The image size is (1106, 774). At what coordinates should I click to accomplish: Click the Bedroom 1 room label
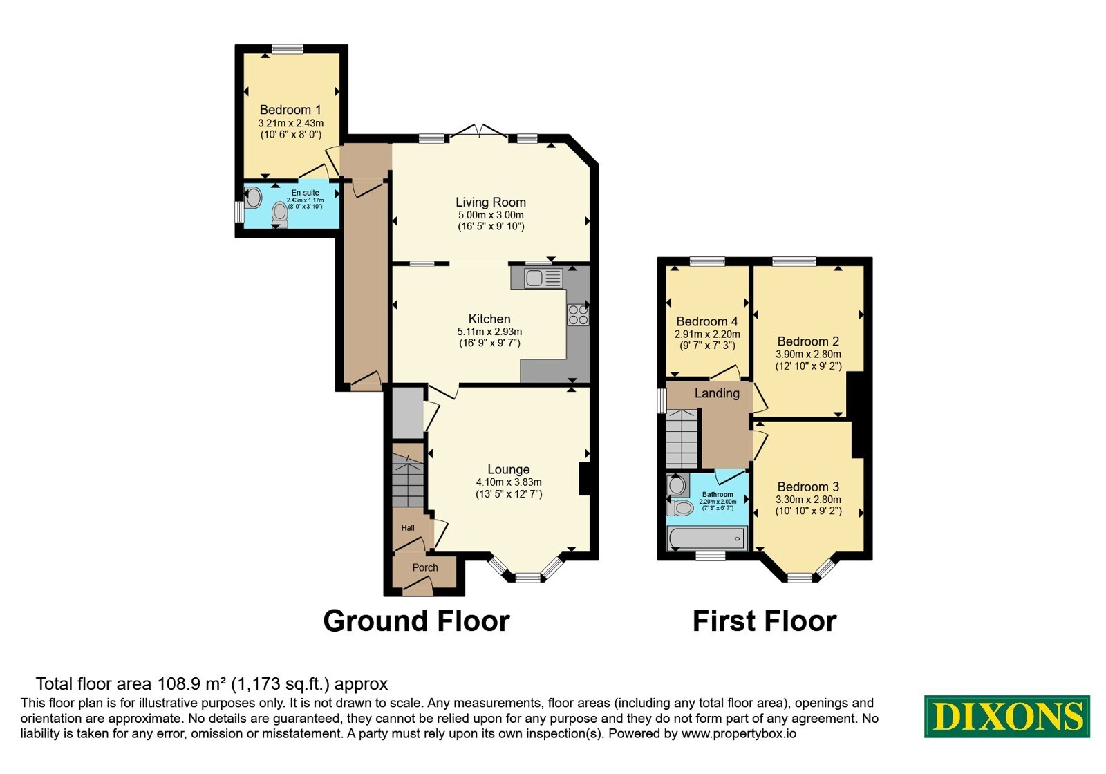[x=290, y=110]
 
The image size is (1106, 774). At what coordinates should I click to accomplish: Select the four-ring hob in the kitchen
[x=578, y=315]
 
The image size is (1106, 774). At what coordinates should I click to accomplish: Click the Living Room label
[x=491, y=202]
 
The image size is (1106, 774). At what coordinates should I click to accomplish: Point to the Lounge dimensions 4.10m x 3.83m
[x=509, y=482]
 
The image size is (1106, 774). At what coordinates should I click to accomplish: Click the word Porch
[x=425, y=567]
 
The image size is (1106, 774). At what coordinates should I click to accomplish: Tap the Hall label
[x=408, y=528]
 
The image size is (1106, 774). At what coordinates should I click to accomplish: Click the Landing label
[x=717, y=393]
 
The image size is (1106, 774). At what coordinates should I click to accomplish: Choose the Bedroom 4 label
[x=707, y=321]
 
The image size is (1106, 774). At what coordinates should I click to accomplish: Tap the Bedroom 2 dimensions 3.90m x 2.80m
[x=808, y=354]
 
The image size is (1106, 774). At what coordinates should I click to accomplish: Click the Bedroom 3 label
[x=808, y=487]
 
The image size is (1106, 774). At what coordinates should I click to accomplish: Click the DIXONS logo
[x=1006, y=716]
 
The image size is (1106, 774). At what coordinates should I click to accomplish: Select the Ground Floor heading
[x=416, y=621]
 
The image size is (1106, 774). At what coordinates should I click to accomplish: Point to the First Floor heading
[x=765, y=621]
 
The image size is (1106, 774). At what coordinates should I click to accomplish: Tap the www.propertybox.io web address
[x=739, y=733]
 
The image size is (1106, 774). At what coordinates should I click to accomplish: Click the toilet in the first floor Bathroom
[x=680, y=508]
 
